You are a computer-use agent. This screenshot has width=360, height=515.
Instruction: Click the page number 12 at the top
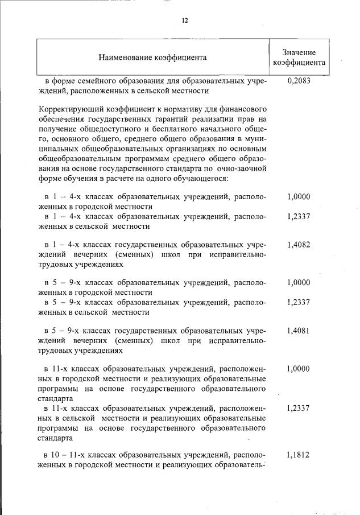pyautogui.click(x=185, y=20)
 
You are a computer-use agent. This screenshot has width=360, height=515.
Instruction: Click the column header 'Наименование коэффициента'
pyautogui.click(x=152, y=57)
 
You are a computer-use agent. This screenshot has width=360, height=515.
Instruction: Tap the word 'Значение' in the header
pyautogui.click(x=299, y=52)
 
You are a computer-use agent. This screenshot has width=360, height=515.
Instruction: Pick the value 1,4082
pyautogui.click(x=299, y=245)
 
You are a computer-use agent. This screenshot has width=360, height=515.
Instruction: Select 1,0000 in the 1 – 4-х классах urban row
pyautogui.click(x=299, y=197)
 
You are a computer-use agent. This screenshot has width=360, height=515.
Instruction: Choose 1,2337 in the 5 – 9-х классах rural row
pyautogui.click(x=299, y=302)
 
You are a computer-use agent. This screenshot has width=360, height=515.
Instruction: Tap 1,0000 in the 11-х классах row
pyautogui.click(x=299, y=369)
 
